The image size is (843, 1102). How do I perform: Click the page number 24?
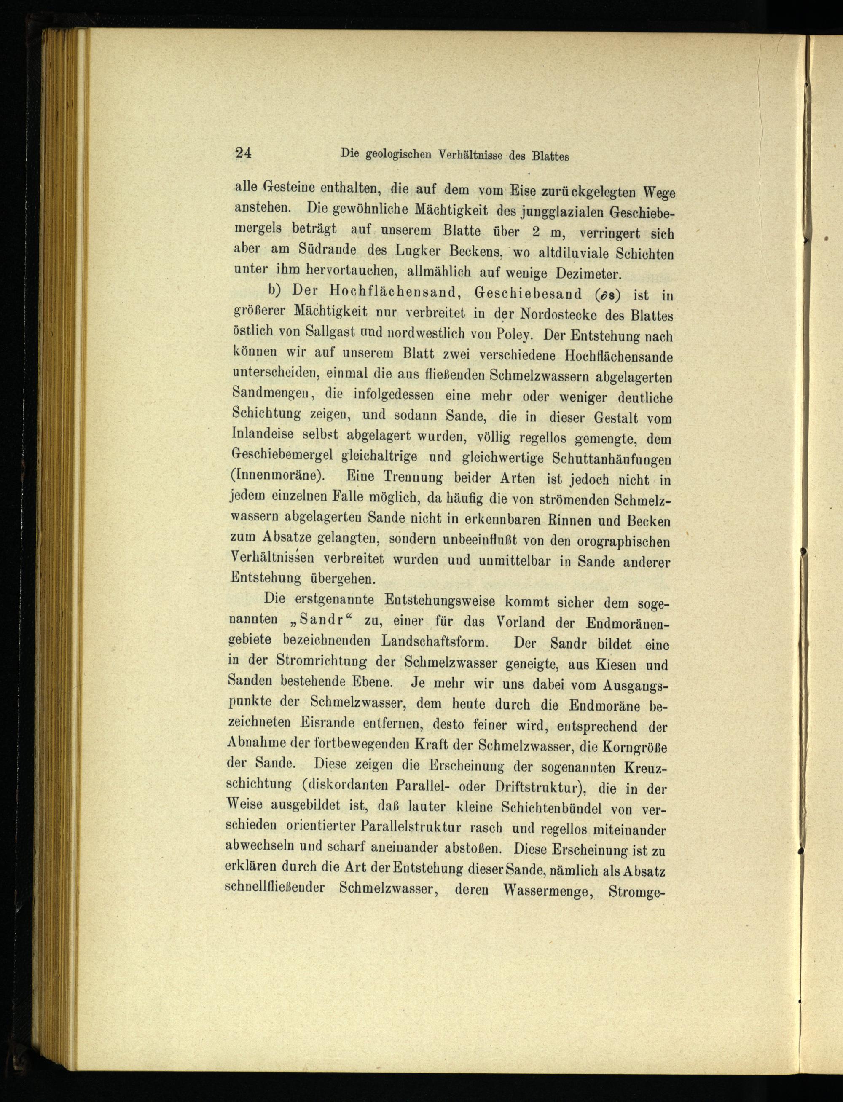[x=243, y=153]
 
